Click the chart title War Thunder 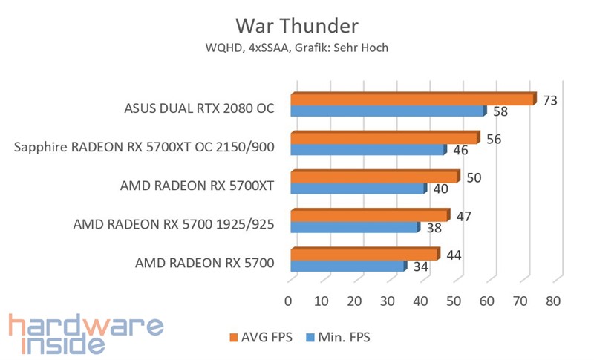(297, 26)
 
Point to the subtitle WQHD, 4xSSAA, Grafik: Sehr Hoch (297, 48)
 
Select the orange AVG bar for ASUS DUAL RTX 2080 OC (412, 99)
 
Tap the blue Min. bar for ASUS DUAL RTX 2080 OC (387, 111)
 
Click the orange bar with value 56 (384, 138)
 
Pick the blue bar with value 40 (357, 189)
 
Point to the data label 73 (550, 99)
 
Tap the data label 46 (460, 150)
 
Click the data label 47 (464, 216)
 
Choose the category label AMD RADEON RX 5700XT (197, 185)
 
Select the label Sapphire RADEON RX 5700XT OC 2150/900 (145, 146)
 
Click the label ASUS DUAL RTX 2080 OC (199, 108)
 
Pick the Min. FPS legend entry (337, 337)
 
